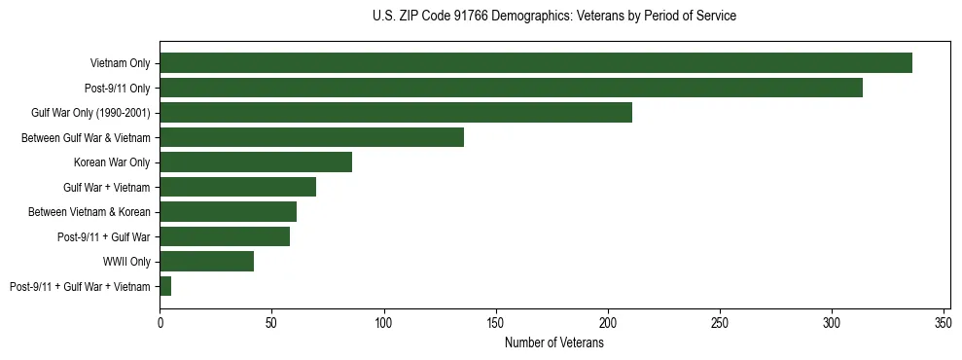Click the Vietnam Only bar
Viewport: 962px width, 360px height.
[536, 63]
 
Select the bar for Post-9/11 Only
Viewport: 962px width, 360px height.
[511, 88]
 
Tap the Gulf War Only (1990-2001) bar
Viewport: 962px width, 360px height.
[396, 113]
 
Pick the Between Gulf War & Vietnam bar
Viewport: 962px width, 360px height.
[311, 137]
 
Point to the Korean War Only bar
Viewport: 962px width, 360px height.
[256, 162]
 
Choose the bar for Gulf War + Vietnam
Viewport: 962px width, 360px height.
[237, 187]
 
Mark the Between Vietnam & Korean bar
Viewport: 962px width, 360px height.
[228, 211]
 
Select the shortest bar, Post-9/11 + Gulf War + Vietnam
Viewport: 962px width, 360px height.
[165, 286]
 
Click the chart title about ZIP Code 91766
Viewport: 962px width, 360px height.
[554, 17]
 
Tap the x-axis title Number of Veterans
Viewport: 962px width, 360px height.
[554, 343]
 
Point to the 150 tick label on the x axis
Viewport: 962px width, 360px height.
[496, 322]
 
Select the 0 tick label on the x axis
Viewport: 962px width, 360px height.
[160, 322]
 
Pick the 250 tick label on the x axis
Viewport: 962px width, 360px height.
[720, 322]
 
